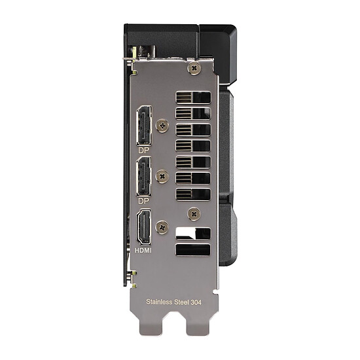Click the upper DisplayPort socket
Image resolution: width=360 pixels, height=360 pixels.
144,126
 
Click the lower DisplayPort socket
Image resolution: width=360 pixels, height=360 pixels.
144,176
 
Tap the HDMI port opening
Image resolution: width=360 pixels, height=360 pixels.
144,227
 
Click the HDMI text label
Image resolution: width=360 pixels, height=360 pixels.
143,250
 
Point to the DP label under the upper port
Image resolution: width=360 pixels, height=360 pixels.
144,151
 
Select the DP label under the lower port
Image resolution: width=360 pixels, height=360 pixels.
144,201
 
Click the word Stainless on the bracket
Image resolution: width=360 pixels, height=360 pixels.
159,302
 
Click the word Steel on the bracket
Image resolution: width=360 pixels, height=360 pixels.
181,302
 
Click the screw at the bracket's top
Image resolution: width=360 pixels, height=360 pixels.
194,67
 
